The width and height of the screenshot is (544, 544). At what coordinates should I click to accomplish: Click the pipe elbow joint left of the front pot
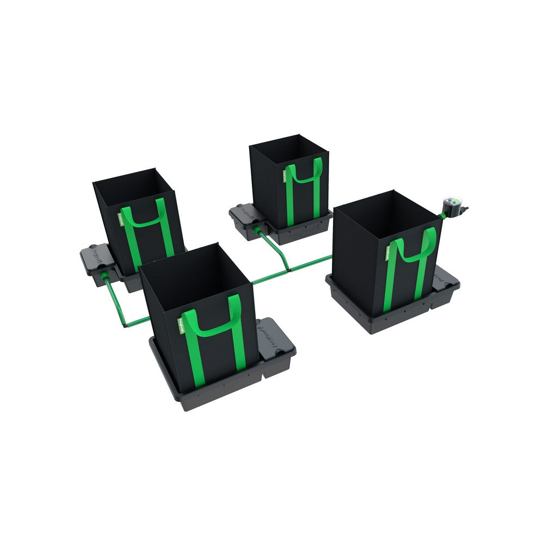[125, 325]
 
